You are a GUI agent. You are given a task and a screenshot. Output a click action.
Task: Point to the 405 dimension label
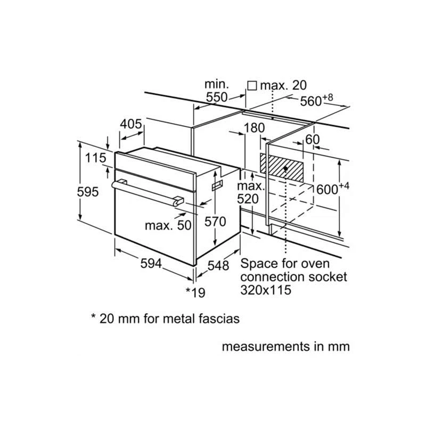tap(131, 124)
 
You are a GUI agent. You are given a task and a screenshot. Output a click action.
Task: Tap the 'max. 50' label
tap(168, 225)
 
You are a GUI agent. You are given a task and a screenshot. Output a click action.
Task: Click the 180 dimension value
tap(254, 128)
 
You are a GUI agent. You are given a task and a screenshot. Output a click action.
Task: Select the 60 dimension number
tap(313, 138)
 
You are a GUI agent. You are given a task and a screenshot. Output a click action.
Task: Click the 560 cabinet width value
tap(310, 101)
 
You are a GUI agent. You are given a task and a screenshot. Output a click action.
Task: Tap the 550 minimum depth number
tap(216, 97)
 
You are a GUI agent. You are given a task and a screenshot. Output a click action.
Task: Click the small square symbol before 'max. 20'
tap(252, 85)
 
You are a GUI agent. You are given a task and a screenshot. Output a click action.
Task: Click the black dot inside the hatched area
tap(286, 168)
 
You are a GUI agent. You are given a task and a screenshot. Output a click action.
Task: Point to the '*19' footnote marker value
tap(195, 291)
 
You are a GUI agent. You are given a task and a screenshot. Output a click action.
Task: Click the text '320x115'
tap(266, 290)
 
